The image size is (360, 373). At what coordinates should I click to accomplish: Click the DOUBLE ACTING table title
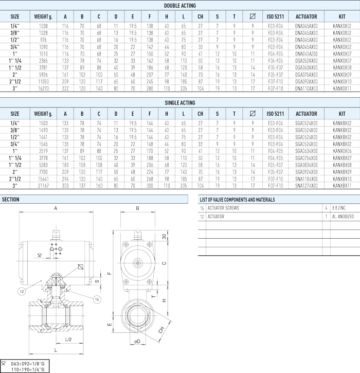point(180,6)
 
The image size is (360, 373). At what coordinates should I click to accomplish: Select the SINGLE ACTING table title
point(180,103)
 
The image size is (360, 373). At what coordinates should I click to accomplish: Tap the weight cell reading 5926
point(43,75)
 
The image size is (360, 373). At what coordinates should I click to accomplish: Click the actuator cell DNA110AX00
point(307,88)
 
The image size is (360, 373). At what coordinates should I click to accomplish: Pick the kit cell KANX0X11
point(342,88)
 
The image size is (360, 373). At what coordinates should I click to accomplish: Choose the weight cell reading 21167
point(43,186)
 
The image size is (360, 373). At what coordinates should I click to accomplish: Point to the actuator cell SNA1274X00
point(307,186)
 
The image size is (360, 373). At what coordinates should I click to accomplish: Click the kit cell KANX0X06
point(342,151)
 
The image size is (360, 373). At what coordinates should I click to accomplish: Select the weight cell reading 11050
point(43,82)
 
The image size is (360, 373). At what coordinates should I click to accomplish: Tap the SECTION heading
point(10,200)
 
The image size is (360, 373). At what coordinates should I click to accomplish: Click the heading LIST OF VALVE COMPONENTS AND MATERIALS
point(237,200)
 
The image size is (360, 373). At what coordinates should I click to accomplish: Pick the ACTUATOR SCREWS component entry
point(223,208)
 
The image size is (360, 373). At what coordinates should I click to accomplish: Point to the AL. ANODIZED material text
point(343,217)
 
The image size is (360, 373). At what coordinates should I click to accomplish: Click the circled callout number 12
point(22,291)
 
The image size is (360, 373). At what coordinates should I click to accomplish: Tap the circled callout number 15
point(97,299)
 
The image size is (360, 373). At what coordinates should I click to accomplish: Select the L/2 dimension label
point(68,340)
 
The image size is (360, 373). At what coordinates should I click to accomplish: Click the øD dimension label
point(137,342)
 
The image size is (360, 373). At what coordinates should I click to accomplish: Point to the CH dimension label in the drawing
point(161,330)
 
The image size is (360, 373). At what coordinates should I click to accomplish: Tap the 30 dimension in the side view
point(164,237)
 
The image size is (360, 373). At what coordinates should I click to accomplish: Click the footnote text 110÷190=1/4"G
point(28,369)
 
